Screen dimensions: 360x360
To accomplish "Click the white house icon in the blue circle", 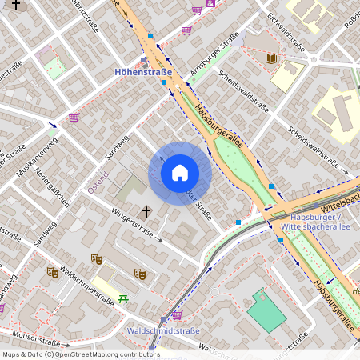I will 179,173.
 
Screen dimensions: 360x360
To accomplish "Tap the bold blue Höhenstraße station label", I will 143,72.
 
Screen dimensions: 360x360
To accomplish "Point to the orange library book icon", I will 271,58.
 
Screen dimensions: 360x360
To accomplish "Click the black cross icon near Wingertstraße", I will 146,212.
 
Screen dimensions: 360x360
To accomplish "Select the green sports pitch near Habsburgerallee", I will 266,310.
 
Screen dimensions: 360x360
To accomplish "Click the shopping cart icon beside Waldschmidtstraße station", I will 177,314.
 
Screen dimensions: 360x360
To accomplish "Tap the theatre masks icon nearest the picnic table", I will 139,274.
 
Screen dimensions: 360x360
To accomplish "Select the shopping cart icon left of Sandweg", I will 74,118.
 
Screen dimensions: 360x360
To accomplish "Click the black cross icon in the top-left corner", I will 15,6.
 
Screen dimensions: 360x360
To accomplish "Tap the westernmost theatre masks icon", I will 52,272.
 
